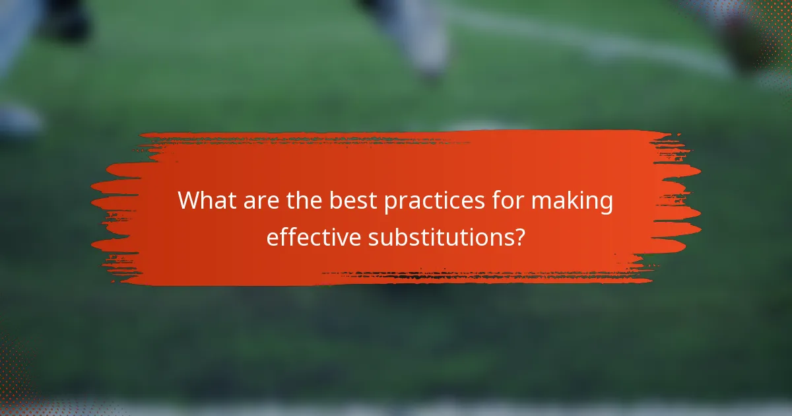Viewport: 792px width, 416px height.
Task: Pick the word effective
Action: tap(313, 236)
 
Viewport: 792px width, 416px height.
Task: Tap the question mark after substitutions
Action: tap(519, 236)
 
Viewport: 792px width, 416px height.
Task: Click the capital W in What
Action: tap(191, 201)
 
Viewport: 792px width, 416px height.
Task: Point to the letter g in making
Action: tap(607, 205)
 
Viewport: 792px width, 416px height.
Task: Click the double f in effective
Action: tap(285, 236)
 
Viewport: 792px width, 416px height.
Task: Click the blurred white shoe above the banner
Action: tap(422, 40)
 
